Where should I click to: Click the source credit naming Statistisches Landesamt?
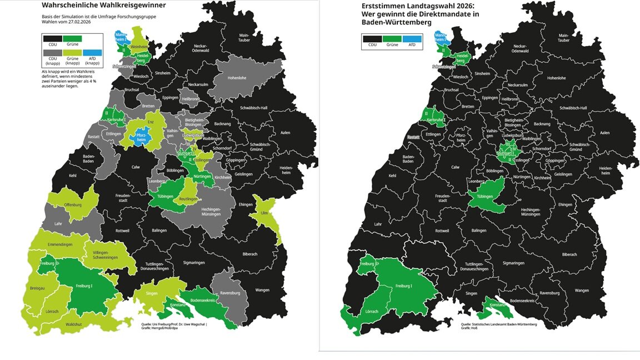[x=498, y=323]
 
